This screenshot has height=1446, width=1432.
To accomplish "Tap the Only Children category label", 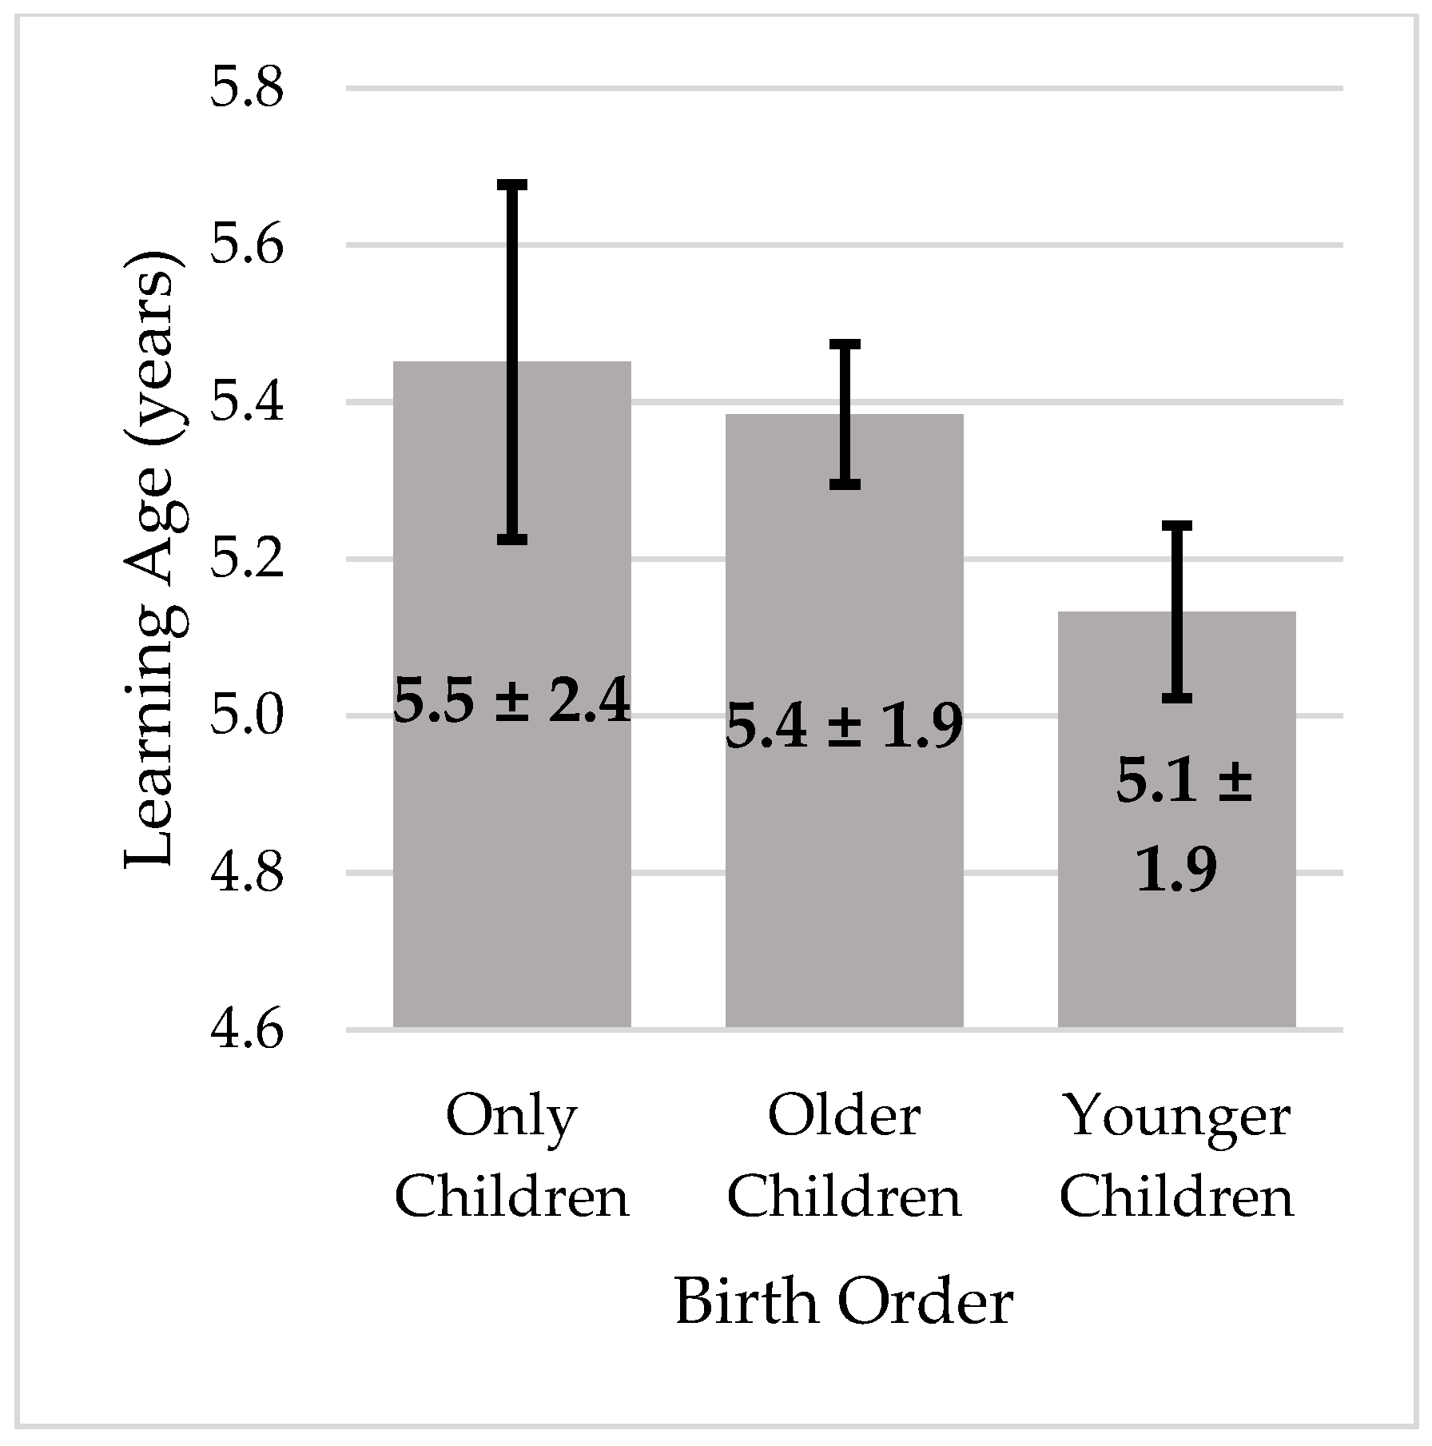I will point(512,1157).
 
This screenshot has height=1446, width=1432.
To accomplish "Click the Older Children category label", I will point(844,1157).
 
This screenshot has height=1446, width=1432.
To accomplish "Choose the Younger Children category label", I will point(1176,1157).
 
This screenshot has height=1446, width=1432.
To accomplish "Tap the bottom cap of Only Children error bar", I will point(512,540).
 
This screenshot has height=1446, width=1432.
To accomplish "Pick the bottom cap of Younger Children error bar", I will point(1176,699).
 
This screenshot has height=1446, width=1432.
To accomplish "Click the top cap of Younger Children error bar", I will point(1176,526).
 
